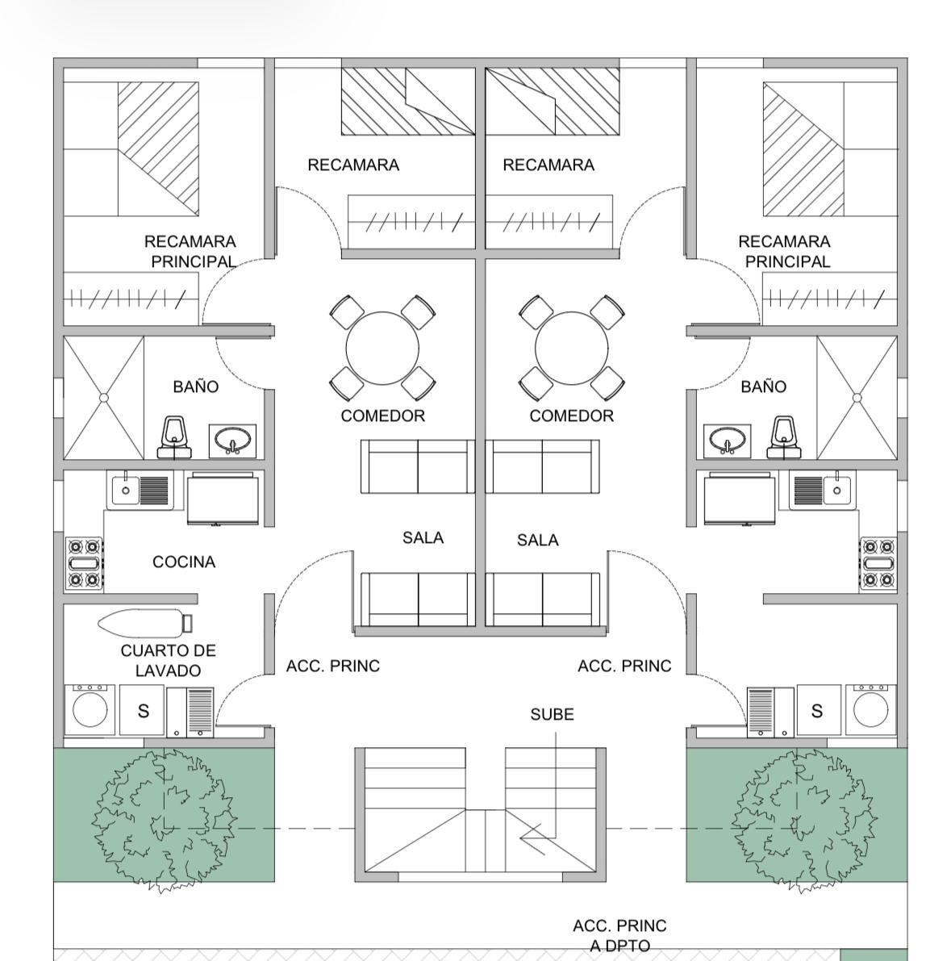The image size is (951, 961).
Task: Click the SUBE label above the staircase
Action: point(552,714)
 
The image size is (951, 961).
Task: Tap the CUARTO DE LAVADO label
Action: point(168,660)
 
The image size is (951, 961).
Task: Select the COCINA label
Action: point(184,562)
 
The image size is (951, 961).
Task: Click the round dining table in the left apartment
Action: point(382,348)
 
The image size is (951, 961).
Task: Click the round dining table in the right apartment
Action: point(572,348)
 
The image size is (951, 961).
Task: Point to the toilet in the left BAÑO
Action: point(175,437)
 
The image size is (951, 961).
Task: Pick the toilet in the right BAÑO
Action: point(784,437)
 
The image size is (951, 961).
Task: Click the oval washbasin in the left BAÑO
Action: point(232,441)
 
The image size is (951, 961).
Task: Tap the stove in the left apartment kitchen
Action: point(84,563)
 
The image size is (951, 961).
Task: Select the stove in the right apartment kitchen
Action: point(878,563)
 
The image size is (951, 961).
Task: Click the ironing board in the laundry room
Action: point(145,623)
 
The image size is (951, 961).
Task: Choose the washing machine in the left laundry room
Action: point(90,710)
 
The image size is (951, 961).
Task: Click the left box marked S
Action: point(142,710)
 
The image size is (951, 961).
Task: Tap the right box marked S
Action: point(818,710)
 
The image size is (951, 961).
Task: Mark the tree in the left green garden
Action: point(165,820)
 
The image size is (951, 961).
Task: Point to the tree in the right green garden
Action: point(804,820)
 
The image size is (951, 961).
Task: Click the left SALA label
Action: point(423,537)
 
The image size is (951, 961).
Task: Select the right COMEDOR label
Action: point(571,416)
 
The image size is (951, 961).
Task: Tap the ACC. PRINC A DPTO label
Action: point(619,935)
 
